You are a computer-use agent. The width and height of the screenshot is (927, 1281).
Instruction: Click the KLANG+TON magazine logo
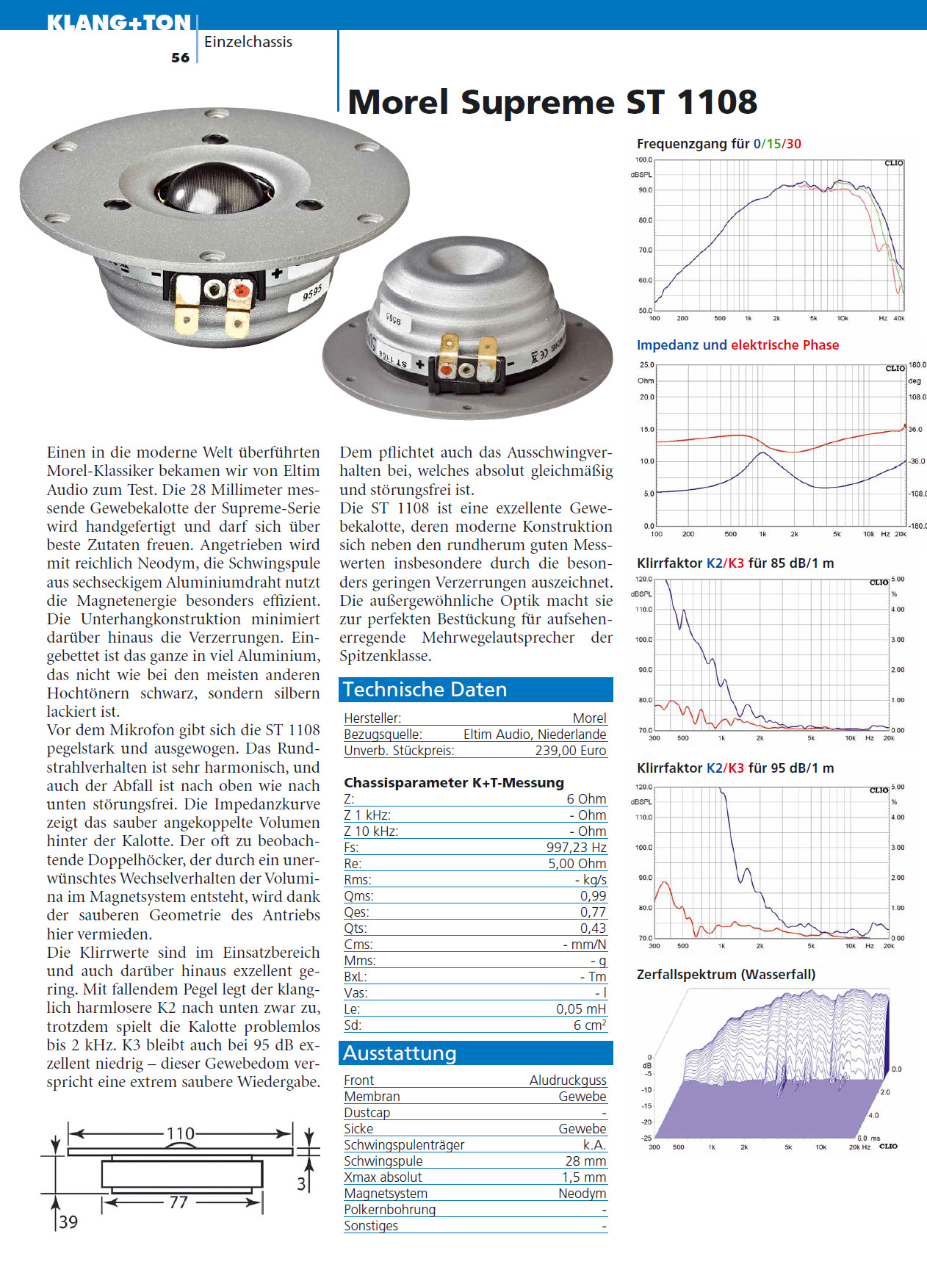click(x=118, y=23)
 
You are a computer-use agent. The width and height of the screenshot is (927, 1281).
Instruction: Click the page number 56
click(x=180, y=57)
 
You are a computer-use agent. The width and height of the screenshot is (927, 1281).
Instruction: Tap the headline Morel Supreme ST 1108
click(x=552, y=102)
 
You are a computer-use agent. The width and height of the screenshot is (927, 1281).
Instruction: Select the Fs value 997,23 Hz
click(x=576, y=847)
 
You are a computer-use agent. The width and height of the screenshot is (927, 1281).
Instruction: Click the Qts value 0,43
click(x=593, y=928)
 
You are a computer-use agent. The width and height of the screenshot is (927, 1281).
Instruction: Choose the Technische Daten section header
click(x=425, y=689)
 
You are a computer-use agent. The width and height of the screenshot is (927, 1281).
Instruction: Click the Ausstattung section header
click(x=400, y=1053)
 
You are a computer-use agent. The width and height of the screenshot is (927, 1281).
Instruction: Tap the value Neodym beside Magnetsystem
click(x=582, y=1193)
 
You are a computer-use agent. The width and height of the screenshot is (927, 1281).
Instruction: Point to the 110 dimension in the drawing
click(x=180, y=1133)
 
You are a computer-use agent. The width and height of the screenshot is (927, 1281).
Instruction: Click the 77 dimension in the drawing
click(x=178, y=1202)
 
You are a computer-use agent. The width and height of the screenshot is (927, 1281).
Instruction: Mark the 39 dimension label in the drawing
click(x=68, y=1222)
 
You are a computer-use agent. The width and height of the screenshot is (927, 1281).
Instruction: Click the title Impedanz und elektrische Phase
click(x=737, y=344)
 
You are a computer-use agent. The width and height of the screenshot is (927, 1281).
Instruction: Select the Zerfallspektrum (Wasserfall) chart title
click(x=726, y=974)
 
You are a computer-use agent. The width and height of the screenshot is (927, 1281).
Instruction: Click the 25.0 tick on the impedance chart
click(x=646, y=364)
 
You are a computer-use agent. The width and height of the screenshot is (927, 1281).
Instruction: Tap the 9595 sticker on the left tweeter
click(x=312, y=293)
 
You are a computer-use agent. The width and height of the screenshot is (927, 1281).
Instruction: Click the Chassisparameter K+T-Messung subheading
click(x=454, y=782)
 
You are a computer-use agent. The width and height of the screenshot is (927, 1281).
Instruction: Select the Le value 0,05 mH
click(x=581, y=1008)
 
